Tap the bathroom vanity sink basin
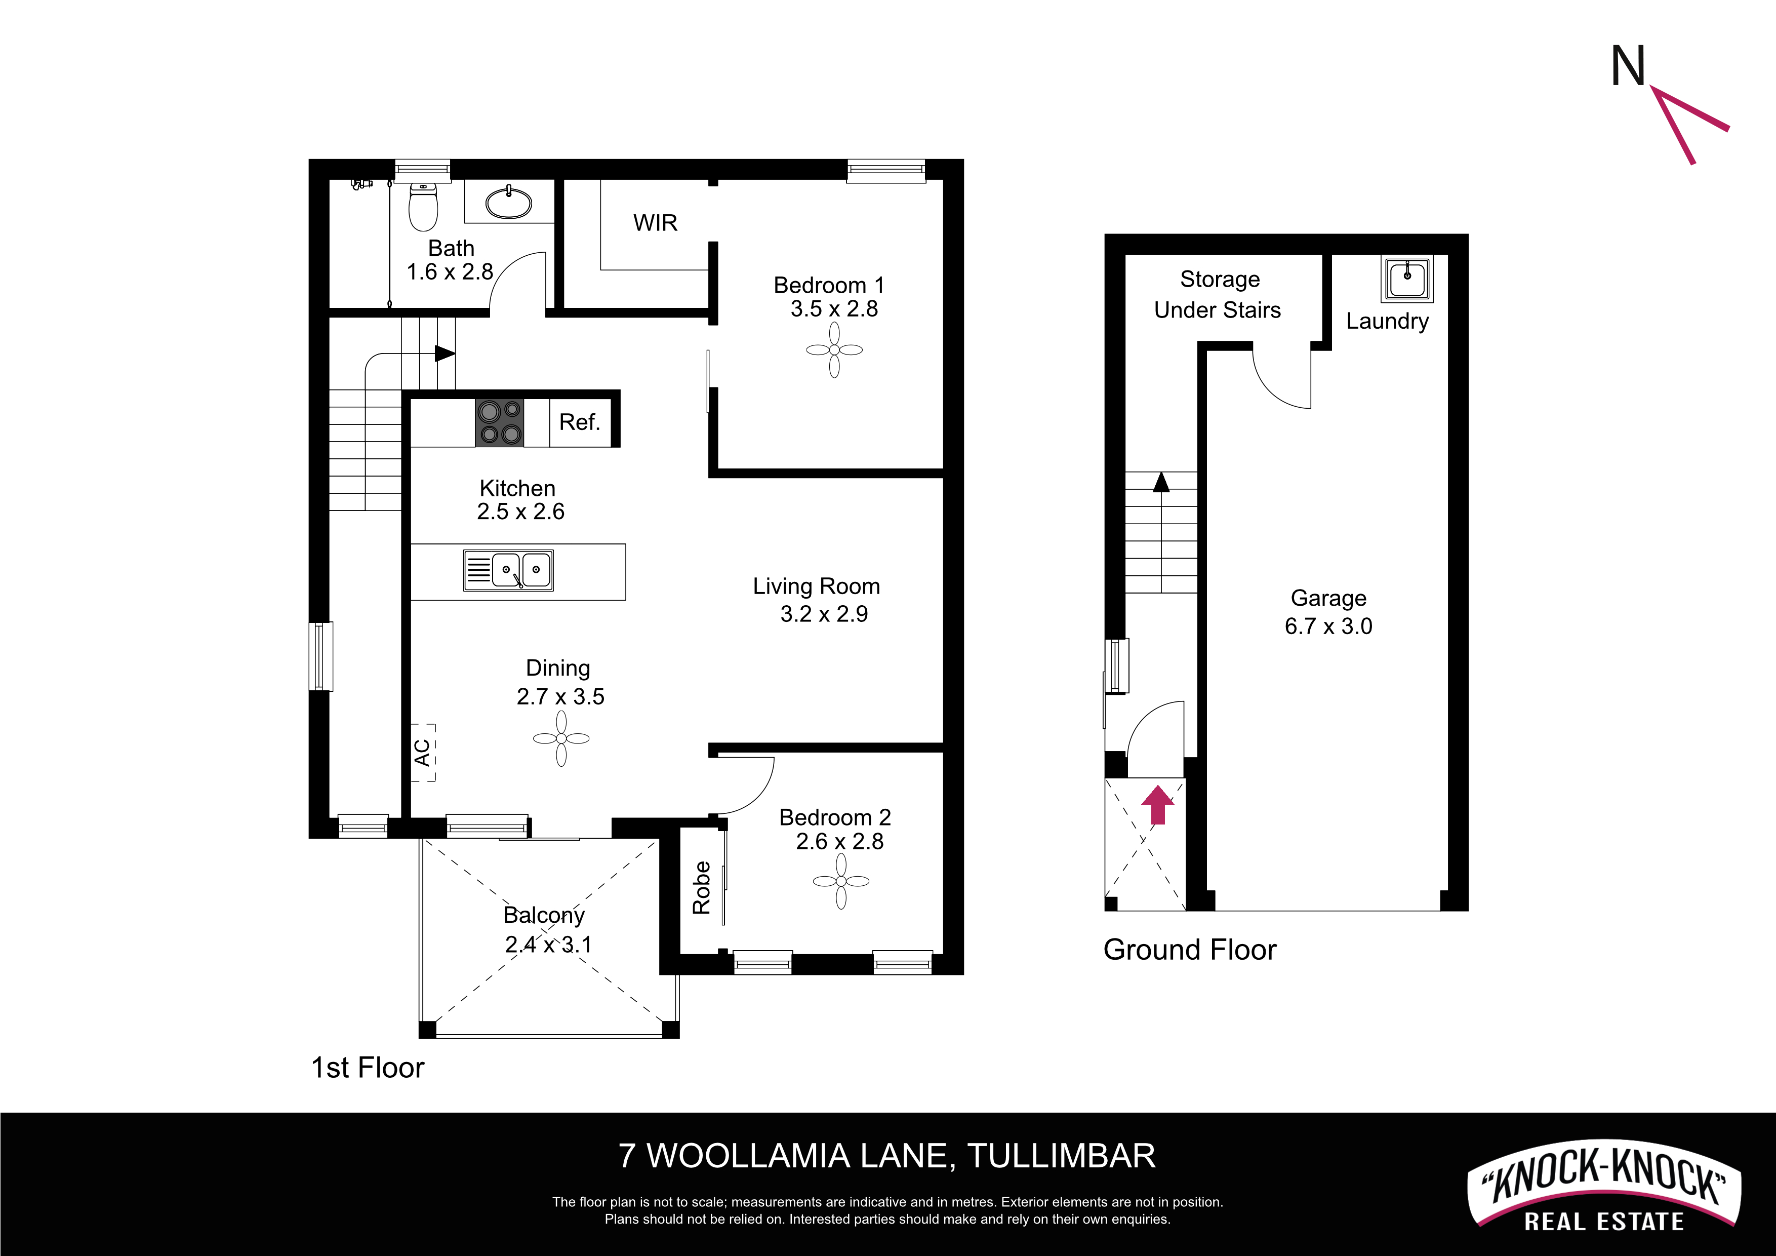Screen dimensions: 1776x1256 pos(509,203)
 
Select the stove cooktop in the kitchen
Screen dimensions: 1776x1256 pos(499,422)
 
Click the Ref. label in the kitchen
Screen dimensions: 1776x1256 pos(579,422)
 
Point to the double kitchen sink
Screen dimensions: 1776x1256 pos(508,570)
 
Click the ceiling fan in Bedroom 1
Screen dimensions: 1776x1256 pos(834,350)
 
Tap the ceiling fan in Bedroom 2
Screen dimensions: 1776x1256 pos(841,881)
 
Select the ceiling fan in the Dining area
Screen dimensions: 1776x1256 pos(561,738)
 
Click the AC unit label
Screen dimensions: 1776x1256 pos(422,752)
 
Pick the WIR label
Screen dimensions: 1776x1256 pos(655,223)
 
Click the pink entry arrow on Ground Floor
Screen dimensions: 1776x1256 pos(1157,805)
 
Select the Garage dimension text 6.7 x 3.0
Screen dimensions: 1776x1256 pos(1328,626)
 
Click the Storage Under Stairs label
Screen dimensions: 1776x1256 pos(1218,294)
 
